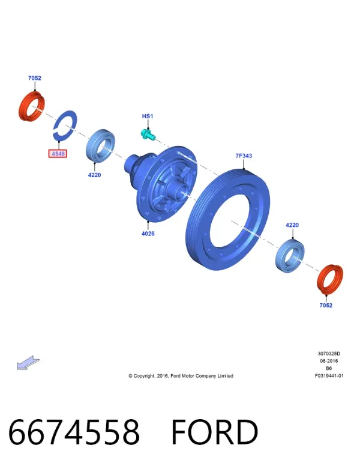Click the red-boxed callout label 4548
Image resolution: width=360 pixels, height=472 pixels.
click(x=58, y=154)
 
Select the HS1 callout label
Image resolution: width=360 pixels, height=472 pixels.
click(x=148, y=116)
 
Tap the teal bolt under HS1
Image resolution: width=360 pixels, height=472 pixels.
click(x=148, y=135)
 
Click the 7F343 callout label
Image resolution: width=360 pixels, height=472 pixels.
click(x=244, y=156)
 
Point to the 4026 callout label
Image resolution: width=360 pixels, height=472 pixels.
click(x=148, y=234)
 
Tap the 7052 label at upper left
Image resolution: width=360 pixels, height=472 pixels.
click(x=35, y=78)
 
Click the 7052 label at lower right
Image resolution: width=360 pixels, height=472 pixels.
click(x=326, y=306)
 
